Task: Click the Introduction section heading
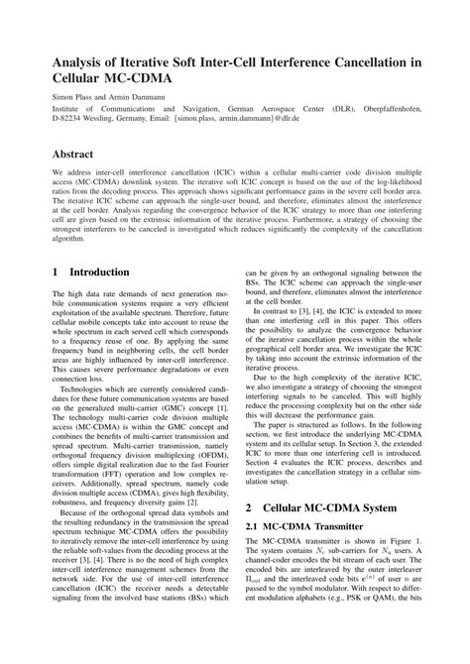click(105, 271)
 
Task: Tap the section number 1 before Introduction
click(56, 271)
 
